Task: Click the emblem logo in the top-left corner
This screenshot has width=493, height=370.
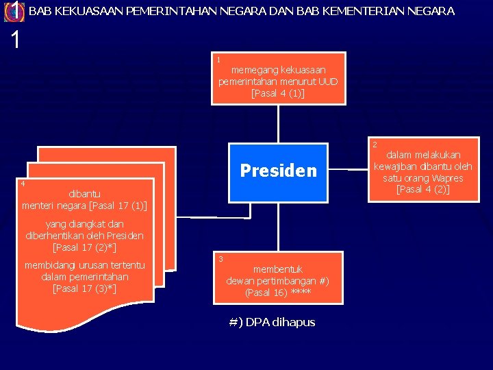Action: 13,12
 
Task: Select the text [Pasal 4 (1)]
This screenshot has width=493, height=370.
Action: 278,93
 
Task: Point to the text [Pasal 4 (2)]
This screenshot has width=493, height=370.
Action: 422,189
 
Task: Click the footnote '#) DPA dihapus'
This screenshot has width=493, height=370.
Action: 273,322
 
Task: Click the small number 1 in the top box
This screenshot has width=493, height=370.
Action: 218,60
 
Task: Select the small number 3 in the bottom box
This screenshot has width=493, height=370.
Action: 220,258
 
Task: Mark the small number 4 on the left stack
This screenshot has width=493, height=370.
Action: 23,184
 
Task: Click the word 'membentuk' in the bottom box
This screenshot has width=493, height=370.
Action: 278,269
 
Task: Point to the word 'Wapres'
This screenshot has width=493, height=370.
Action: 447,178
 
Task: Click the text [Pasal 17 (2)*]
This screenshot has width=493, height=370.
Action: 84,247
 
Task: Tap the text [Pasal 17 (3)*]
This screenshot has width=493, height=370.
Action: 84,288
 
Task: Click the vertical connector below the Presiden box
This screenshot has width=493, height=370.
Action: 278,226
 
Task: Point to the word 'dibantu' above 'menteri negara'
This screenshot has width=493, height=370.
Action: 84,194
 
